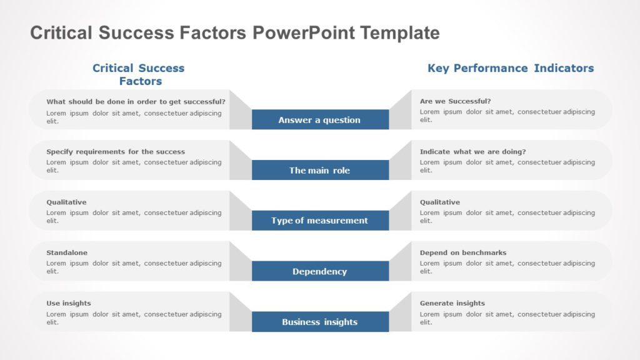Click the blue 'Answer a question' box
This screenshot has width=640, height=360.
[x=320, y=119]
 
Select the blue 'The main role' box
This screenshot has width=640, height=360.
[x=320, y=170]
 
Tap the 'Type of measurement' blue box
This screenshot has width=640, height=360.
[x=320, y=221]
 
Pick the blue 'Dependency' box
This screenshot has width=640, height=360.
[x=320, y=271]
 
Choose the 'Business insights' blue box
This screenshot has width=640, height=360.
[x=320, y=322]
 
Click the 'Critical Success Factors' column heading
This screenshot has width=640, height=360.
[x=139, y=74]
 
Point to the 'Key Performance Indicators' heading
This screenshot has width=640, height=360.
[x=511, y=68]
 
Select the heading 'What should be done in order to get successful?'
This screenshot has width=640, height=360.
[x=136, y=101]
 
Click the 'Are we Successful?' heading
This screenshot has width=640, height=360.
[x=455, y=101]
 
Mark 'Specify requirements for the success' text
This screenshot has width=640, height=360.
[x=116, y=152]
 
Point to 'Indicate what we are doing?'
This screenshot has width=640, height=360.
[x=472, y=152]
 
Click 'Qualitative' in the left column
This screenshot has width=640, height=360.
[x=66, y=202]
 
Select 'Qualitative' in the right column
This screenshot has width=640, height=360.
[x=439, y=202]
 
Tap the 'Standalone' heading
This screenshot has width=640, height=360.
[x=67, y=253]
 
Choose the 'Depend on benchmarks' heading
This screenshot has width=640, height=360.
[x=463, y=253]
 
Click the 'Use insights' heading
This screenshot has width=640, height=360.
[x=69, y=304]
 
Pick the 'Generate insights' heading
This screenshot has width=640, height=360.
[x=452, y=304]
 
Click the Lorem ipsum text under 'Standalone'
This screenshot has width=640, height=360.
[x=134, y=267]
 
